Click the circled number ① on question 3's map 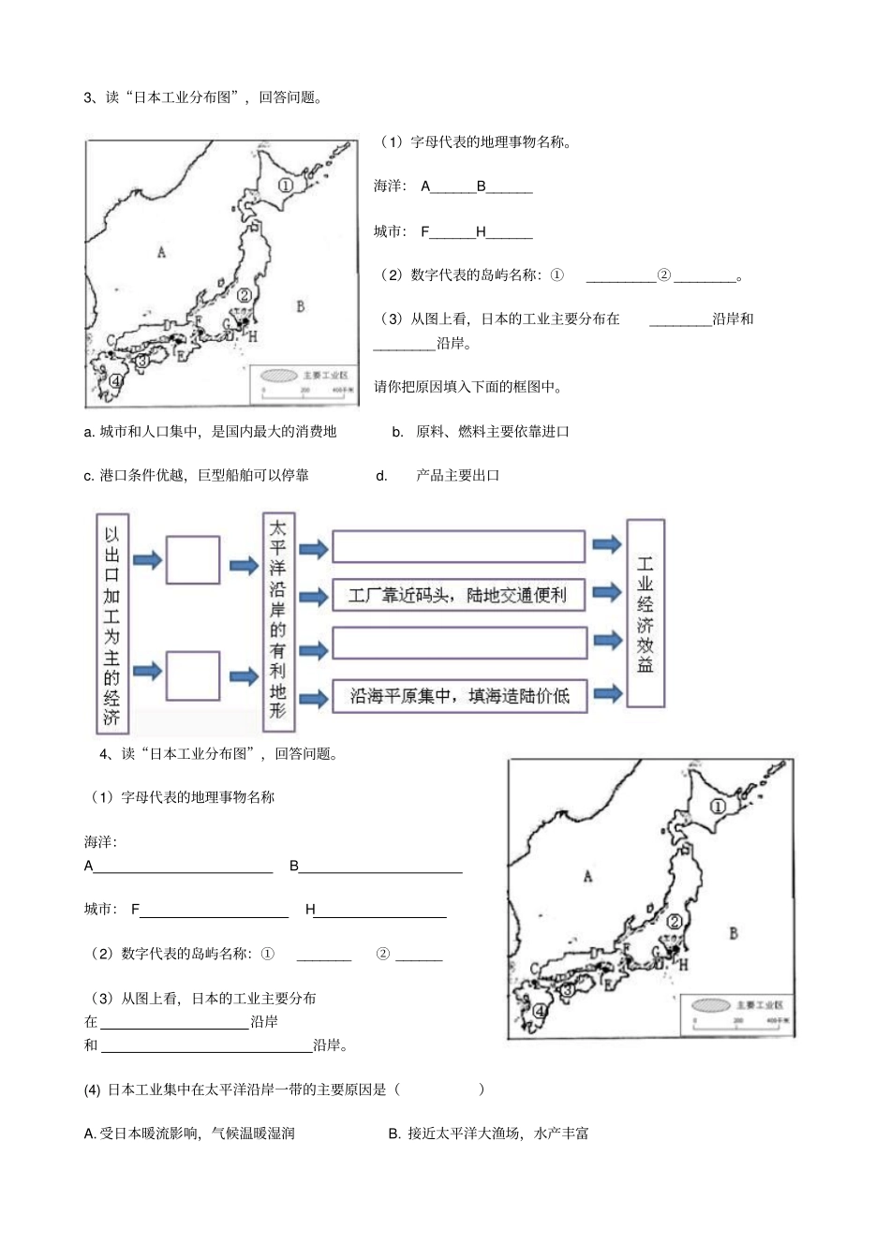click(x=285, y=185)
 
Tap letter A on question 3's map click(x=161, y=252)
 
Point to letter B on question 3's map click(x=300, y=306)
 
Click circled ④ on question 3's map click(x=115, y=380)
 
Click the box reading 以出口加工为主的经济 click(x=111, y=625)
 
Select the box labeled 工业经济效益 click(x=645, y=614)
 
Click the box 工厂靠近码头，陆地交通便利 click(x=458, y=595)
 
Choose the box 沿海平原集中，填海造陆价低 click(x=458, y=696)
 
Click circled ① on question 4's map click(x=718, y=806)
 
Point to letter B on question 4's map click(x=734, y=933)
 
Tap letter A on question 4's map click(x=587, y=877)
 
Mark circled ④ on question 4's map click(x=540, y=1011)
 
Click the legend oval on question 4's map click(x=711, y=1005)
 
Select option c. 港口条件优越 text click(x=197, y=475)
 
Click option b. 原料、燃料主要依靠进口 click(x=482, y=432)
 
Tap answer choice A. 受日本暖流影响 click(x=189, y=1134)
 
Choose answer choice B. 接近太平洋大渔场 click(x=488, y=1134)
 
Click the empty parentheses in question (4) click(x=440, y=1090)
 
